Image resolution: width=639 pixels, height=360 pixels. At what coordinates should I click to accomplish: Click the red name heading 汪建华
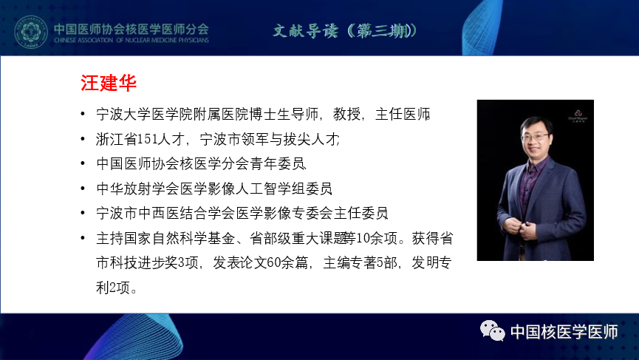point(109,83)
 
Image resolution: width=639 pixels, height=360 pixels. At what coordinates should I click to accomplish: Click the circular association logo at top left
point(31,31)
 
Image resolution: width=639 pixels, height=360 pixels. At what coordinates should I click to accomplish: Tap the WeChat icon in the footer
point(492,330)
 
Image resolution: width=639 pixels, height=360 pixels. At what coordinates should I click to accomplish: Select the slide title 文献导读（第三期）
point(345,30)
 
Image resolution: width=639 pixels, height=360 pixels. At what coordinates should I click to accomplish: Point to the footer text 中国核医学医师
point(564,331)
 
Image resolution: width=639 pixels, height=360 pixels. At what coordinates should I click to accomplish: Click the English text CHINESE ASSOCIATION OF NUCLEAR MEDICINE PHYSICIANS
point(131,40)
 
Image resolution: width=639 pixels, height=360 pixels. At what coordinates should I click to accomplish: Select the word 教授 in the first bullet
point(346,114)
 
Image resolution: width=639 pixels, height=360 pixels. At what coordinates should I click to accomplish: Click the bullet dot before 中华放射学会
point(83,189)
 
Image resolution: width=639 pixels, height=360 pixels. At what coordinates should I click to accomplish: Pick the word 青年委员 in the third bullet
point(278,164)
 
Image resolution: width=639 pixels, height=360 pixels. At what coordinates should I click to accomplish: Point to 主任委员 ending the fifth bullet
point(360,213)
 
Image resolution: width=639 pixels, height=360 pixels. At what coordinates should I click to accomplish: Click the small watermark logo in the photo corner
point(578,115)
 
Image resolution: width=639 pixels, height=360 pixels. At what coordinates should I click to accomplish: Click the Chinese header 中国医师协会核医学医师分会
point(131,29)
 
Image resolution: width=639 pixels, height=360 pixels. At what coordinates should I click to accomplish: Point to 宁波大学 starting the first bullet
point(123,114)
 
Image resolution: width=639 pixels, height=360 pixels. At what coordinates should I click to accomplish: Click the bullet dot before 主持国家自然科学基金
point(83,238)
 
